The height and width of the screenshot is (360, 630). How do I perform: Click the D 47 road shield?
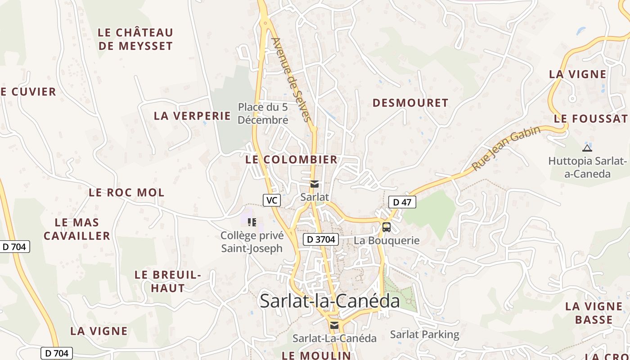[402, 202]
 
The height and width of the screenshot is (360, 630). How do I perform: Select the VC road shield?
[272, 200]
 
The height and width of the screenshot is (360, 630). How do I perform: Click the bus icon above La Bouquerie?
[387, 227]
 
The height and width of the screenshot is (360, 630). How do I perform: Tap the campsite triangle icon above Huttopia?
[587, 148]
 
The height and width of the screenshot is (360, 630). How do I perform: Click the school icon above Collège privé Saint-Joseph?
[252, 222]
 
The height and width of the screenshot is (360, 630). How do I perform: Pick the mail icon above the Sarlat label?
[315, 184]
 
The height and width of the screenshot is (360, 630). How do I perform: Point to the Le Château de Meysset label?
[135, 39]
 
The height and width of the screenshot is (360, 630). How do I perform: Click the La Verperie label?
[192, 116]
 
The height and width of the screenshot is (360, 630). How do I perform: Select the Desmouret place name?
[410, 103]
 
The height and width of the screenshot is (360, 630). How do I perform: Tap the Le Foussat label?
[590, 119]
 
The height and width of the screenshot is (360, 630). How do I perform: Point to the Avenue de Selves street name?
[292, 80]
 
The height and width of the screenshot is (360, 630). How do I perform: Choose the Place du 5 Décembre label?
[263, 113]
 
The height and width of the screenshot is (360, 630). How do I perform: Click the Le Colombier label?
[291, 159]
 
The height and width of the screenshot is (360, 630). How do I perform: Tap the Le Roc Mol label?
[126, 193]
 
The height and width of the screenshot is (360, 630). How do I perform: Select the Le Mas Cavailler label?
[77, 229]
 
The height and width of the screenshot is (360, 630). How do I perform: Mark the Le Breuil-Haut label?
[167, 281]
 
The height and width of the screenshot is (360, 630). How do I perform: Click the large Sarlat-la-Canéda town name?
[330, 301]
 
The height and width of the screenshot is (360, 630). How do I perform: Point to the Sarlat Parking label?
[424, 334]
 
